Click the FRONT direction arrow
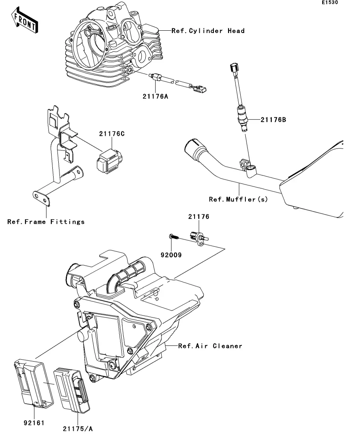click(25, 21)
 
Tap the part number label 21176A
click(155, 96)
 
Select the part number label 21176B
click(273, 120)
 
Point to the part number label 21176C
click(112, 134)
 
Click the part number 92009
click(171, 255)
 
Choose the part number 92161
click(34, 423)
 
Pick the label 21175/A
click(78, 429)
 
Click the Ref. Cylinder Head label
click(208, 31)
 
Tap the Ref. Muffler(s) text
click(238, 199)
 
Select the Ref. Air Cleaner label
click(210, 346)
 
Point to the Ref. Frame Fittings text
click(46, 222)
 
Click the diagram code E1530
click(330, 2)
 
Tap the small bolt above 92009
click(174, 236)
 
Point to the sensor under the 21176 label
click(199, 238)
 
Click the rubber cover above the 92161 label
click(33, 383)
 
